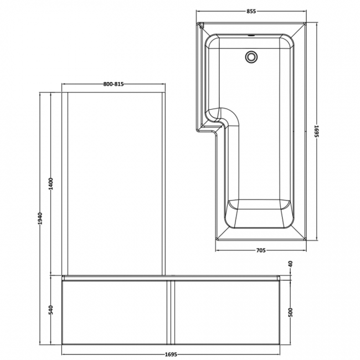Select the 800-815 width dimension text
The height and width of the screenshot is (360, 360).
(x=113, y=84)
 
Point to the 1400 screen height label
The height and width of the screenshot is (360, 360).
(x=51, y=184)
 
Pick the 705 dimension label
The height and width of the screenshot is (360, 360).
(x=260, y=250)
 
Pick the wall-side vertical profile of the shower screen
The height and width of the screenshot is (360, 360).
(x=65, y=183)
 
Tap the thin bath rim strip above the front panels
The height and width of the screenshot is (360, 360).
(x=172, y=276)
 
